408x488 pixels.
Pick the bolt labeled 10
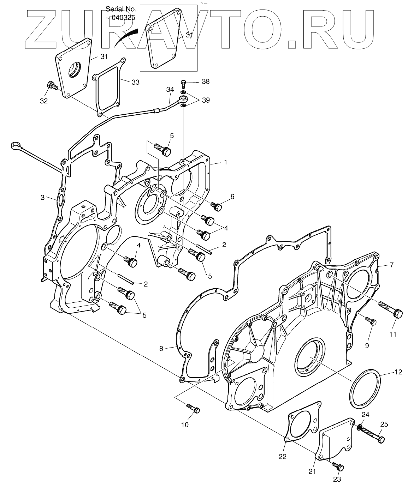(193, 408)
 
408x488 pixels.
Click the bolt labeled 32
(52, 86)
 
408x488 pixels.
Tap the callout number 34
(170, 90)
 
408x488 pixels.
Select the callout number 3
(42, 197)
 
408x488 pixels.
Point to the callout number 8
(161, 349)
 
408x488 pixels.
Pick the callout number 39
(206, 100)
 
